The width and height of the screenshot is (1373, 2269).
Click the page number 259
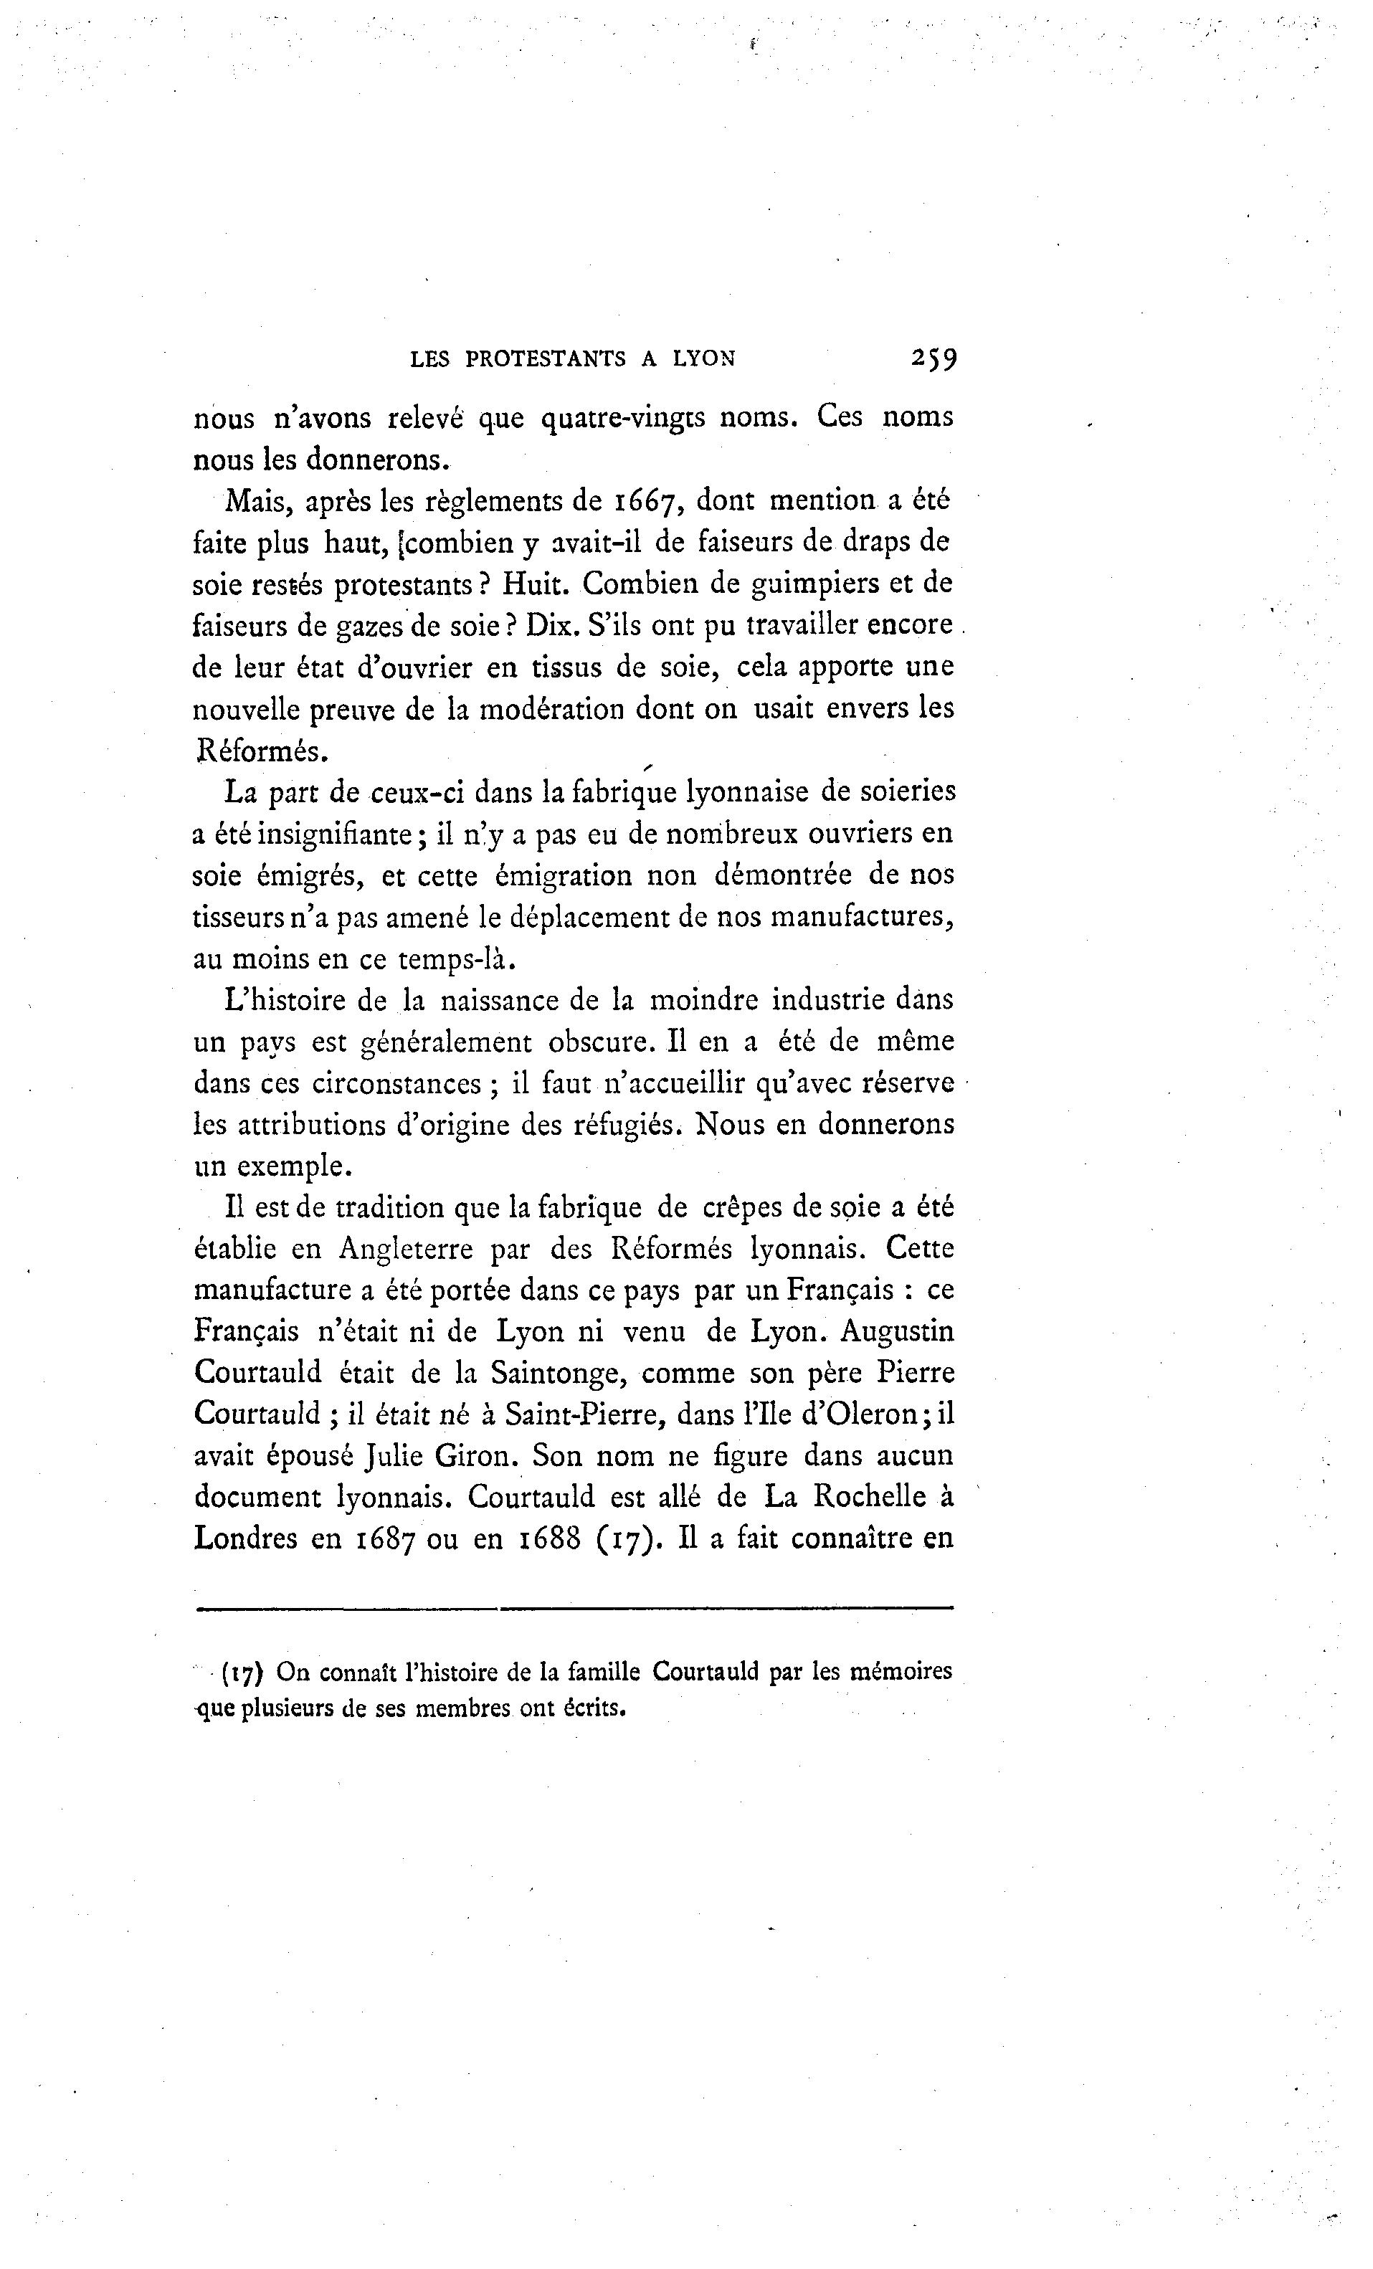933,358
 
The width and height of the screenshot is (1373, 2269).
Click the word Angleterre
405,1249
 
